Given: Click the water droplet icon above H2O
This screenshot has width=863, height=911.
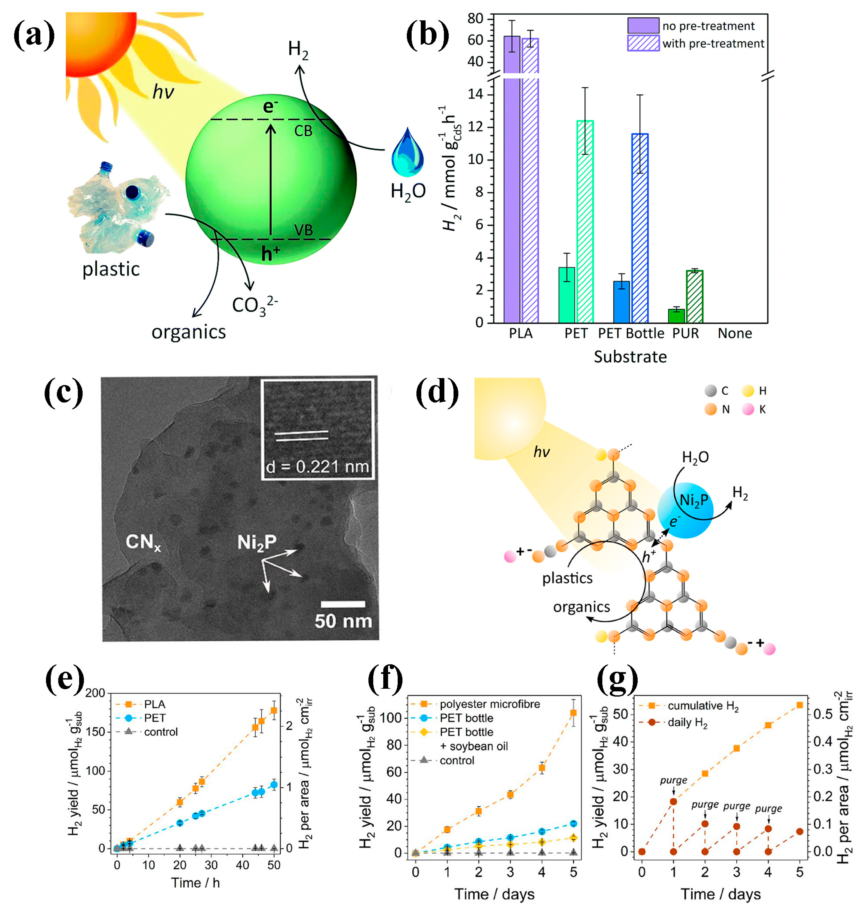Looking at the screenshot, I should [407, 154].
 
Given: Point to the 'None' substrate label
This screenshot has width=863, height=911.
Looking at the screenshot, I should [735, 334].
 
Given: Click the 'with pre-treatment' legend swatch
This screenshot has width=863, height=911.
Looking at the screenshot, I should [643, 44].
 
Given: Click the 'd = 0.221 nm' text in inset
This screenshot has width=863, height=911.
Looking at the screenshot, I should [317, 467].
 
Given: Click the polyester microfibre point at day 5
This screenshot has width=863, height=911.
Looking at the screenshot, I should [573, 713].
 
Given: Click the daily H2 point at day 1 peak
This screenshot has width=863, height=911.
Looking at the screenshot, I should [674, 802].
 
